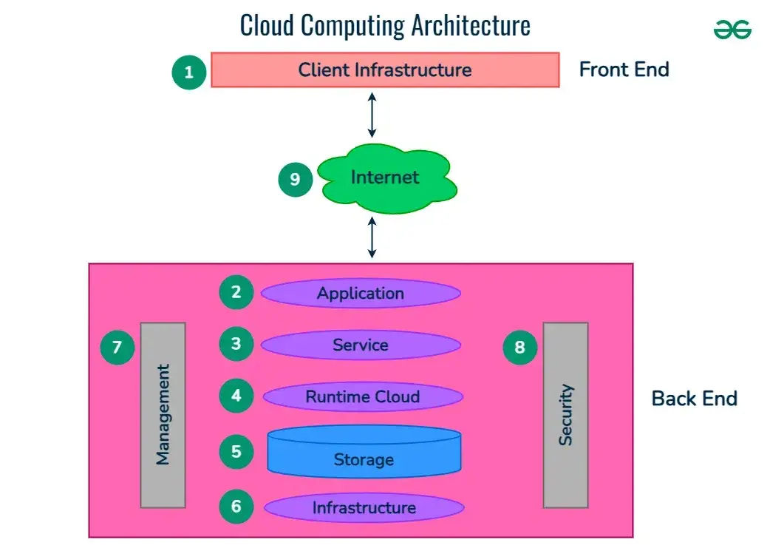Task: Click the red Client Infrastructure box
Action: coord(385,70)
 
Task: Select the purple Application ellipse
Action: coord(361,293)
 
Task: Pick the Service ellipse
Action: coord(361,345)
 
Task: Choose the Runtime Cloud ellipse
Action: coord(363,396)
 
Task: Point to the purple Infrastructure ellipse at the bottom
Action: coord(364,507)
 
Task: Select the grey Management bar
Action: coord(163,414)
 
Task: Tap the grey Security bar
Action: coord(565,414)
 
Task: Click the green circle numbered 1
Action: coord(189,72)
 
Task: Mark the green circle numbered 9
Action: coord(296,179)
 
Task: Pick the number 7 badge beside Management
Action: coord(117,346)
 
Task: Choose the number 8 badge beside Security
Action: coord(520,346)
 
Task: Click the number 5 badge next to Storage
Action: coord(236,450)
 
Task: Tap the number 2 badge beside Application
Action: coord(236,292)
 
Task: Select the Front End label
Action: coord(624,70)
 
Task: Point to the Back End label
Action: coord(694,399)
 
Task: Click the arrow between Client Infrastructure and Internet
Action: coord(372,115)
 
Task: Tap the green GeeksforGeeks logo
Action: coord(732,30)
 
